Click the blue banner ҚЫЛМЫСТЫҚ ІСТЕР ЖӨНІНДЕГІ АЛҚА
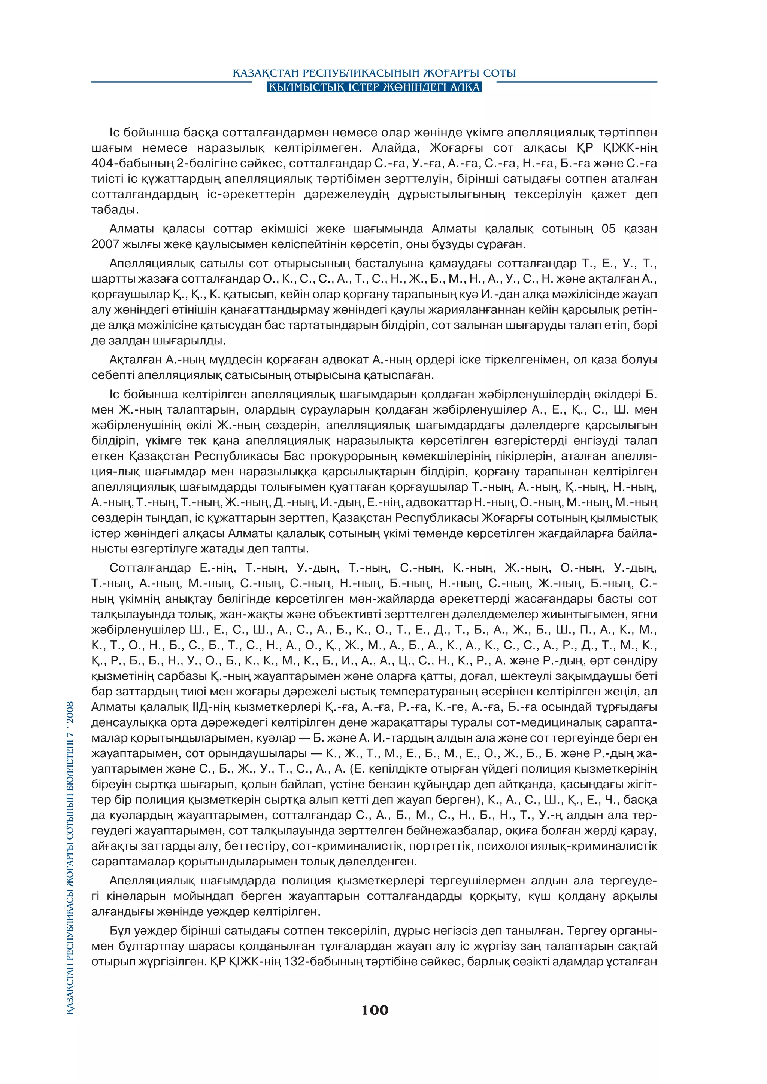pyautogui.click(x=374, y=87)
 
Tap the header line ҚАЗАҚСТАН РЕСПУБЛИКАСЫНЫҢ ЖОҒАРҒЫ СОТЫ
pyautogui.click(x=374, y=73)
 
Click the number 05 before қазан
pyautogui.click(x=609, y=229)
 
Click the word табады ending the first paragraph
pyautogui.click(x=114, y=210)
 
